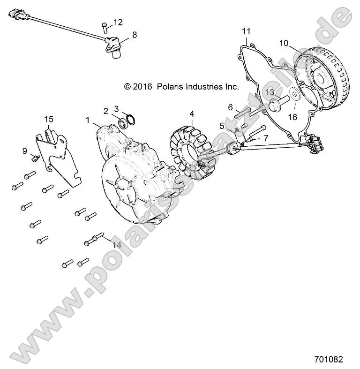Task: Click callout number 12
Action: [118, 22]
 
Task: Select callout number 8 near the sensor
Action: [135, 34]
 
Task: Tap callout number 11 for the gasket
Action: [246, 31]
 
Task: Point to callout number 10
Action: [284, 43]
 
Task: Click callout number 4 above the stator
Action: [192, 113]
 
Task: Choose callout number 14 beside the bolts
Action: [117, 245]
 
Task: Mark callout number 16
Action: [292, 117]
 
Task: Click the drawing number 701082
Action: [328, 360]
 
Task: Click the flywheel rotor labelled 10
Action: [323, 77]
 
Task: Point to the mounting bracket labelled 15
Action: [58, 157]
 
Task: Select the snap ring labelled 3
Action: [130, 118]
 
